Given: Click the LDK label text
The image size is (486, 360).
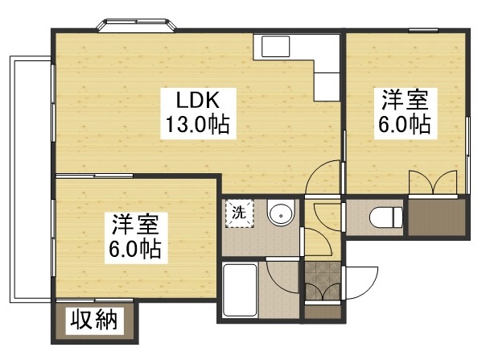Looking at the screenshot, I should pos(196,101).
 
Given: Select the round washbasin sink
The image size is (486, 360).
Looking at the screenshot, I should pos(279,214).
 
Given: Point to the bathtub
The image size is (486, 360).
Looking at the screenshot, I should pos(239,291).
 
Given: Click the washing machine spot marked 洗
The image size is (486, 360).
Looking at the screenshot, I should pos(238,213).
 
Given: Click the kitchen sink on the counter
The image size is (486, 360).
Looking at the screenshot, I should pos(271,47).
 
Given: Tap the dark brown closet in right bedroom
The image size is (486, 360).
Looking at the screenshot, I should pos(435,217).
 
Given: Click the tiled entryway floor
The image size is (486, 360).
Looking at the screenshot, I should pos(323,283).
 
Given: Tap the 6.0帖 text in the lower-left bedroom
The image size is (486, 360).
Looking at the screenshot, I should pos(135,247).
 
